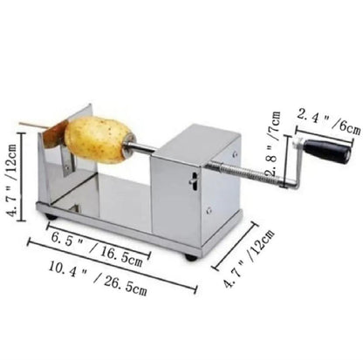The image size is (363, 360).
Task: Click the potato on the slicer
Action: (x=99, y=139)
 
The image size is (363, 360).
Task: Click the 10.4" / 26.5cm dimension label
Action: (x=98, y=278)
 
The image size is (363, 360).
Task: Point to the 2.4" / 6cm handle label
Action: (x=329, y=122)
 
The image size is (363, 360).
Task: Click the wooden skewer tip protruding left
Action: (x=20, y=123)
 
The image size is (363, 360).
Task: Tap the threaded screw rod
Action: (x=244, y=173)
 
